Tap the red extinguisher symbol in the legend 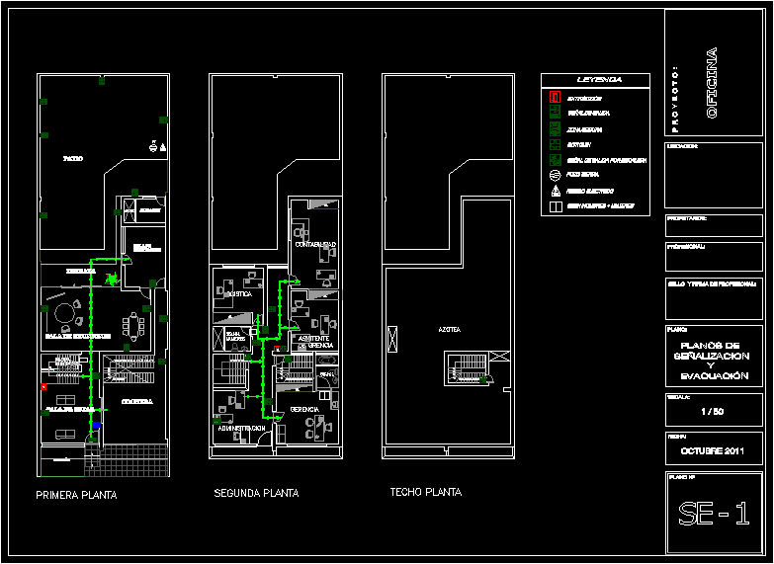click(556, 98)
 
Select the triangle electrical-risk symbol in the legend click(556, 190)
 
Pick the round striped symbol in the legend click(556, 174)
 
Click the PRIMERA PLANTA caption click(76, 496)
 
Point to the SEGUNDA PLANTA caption click(256, 493)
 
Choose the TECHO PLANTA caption click(425, 492)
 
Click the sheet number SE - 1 click(713, 514)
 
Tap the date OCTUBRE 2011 click(713, 451)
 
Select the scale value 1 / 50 click(713, 411)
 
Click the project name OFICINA click(712, 85)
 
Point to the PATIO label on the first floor click(72, 158)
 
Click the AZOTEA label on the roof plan click(450, 329)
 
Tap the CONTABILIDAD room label click(316, 244)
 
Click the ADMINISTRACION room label click(239, 428)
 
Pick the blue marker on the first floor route click(96, 426)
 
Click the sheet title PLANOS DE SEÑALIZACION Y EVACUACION click(713, 357)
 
